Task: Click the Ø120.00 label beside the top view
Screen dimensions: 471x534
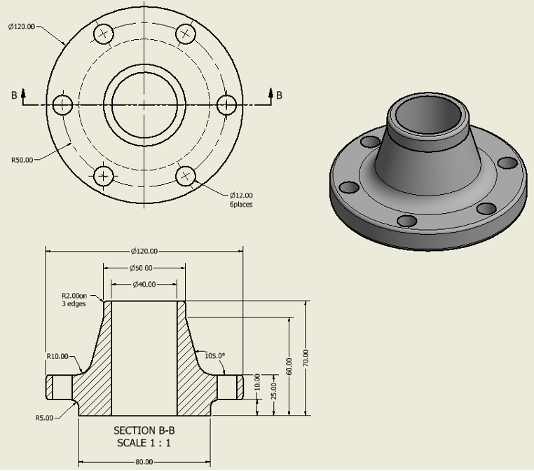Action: tap(21, 27)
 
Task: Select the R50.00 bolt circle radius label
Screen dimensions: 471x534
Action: tap(22, 160)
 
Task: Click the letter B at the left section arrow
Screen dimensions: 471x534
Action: tap(13, 95)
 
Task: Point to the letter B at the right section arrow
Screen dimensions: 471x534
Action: tap(279, 95)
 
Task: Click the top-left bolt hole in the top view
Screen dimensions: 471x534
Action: tap(104, 34)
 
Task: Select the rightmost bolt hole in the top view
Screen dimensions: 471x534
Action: tap(226, 105)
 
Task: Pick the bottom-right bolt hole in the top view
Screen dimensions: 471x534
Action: tap(185, 175)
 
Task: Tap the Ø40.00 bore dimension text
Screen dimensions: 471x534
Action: tap(144, 285)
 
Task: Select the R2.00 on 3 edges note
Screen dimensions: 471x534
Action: tap(74, 300)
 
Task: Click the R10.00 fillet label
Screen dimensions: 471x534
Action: tap(57, 356)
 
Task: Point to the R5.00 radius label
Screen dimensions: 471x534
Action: tap(44, 418)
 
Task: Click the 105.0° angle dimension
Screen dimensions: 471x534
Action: tap(214, 356)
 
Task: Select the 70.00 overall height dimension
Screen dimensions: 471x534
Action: tap(306, 357)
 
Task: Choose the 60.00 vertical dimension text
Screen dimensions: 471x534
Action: tap(289, 365)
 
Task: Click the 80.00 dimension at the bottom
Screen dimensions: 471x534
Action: tap(144, 462)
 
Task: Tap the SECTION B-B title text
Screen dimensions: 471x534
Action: tap(144, 430)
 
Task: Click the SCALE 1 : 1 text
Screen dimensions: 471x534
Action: tap(144, 443)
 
